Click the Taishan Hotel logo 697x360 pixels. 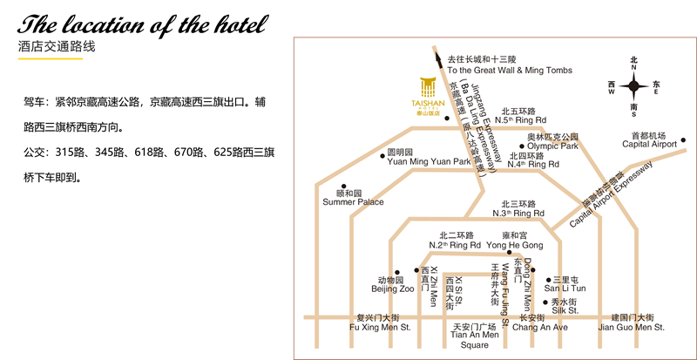pos(428,97)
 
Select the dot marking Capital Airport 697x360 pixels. pos(683,140)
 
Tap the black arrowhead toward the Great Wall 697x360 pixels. pos(439,60)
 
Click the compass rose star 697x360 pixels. pos(634,86)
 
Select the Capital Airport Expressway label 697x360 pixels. pos(612,194)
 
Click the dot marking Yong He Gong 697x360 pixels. pos(510,252)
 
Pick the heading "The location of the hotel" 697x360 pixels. pos(143,24)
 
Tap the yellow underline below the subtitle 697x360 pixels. pos(51,58)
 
